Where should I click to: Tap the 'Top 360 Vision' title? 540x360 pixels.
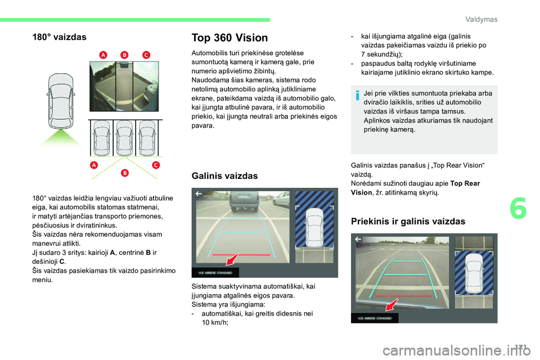(229, 38)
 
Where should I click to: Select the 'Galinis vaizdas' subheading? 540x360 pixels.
(224, 175)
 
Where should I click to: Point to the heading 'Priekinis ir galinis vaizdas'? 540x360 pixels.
(408, 221)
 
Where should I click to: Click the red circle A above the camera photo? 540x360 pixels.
(103, 54)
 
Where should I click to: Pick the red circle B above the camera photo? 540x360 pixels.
(124, 54)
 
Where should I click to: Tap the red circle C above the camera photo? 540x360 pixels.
(145, 54)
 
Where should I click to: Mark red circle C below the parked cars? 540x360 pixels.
(155, 165)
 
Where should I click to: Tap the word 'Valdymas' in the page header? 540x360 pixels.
(481, 20)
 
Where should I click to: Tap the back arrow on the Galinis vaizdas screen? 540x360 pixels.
(199, 193)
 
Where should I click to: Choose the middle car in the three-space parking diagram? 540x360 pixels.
(124, 137)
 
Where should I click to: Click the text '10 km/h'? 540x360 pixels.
(214, 322)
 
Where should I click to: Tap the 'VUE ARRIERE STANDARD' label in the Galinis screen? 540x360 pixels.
(215, 272)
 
